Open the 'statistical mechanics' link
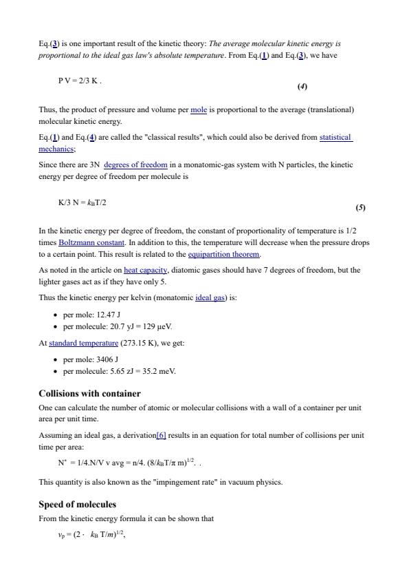[335, 138]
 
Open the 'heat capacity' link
[146, 271]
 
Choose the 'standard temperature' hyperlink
[83, 343]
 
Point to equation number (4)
[302, 87]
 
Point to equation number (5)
[360, 207]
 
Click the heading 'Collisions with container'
[89, 394]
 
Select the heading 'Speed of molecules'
[77, 505]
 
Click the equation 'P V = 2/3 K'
[80, 81]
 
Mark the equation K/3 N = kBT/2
[82, 203]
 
